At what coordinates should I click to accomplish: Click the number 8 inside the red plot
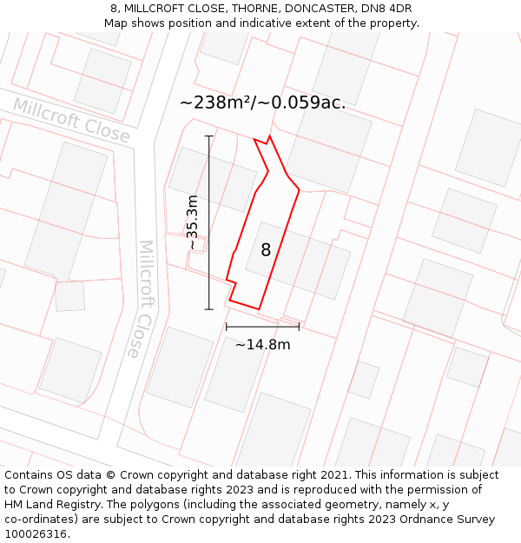click(x=266, y=250)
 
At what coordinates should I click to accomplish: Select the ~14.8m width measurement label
click(x=262, y=345)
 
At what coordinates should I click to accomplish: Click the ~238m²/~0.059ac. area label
click(x=262, y=103)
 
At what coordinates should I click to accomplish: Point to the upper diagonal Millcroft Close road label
click(x=71, y=120)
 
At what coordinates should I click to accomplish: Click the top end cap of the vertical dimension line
click(x=208, y=136)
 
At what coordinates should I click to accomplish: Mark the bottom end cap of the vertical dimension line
click(x=208, y=309)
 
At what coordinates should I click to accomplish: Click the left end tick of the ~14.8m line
click(x=226, y=327)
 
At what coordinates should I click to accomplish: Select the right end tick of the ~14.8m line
click(x=299, y=327)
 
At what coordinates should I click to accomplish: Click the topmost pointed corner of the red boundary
click(x=270, y=136)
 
